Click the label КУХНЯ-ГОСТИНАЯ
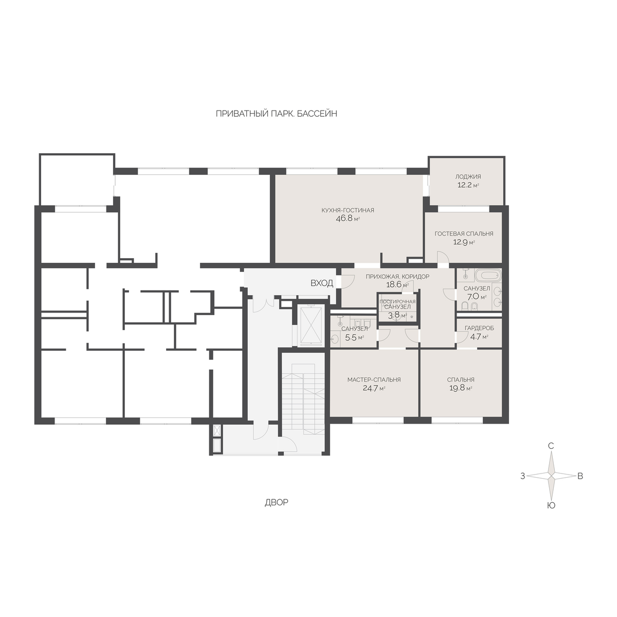point(348,210)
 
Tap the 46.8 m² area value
point(348,219)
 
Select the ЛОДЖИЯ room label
point(468,176)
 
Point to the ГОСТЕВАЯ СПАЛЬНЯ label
point(464,234)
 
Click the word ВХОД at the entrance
point(322,283)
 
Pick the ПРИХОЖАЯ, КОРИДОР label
point(397,276)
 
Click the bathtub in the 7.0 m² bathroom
point(487,275)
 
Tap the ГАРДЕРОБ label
point(479,328)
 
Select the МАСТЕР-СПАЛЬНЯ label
point(374,380)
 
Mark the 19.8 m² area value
point(461,388)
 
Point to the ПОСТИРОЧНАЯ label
point(397,302)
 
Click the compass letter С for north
point(551,446)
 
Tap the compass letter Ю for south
point(551,505)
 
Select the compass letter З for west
point(522,476)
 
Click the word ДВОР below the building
point(276,503)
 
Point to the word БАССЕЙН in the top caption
point(317,114)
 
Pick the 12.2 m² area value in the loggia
point(468,185)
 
